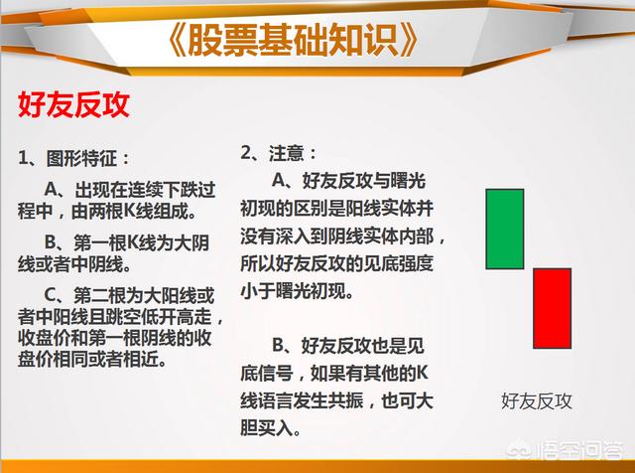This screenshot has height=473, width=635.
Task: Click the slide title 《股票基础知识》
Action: (292, 40)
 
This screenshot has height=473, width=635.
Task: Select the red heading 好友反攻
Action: (73, 104)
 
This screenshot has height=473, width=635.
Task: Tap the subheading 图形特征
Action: (81, 158)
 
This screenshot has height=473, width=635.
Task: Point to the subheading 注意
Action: (287, 153)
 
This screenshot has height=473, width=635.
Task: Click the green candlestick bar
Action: (505, 229)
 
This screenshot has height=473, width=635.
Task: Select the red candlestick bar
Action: (552, 308)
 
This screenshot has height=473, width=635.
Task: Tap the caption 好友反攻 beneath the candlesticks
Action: (536, 401)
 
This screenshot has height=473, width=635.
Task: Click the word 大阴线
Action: (183, 242)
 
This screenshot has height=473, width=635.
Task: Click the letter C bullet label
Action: (51, 296)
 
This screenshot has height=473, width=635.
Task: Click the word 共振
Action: (345, 400)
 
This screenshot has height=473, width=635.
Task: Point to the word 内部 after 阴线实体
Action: (417, 236)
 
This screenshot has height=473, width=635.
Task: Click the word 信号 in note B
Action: (276, 374)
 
